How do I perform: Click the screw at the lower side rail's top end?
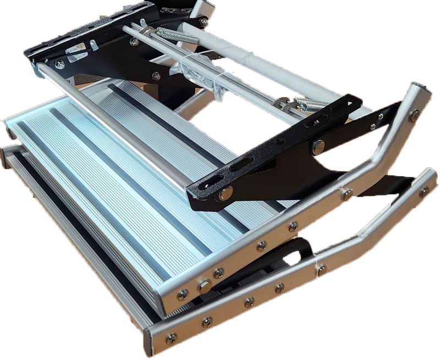(x=424, y=190)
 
